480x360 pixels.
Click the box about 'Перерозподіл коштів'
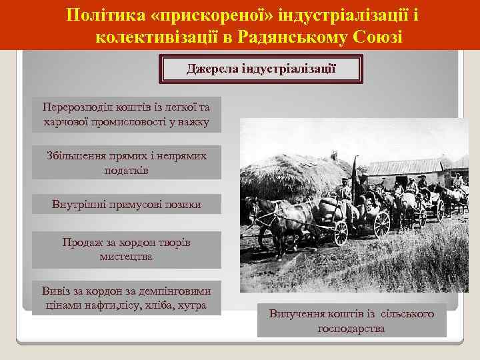point(126,114)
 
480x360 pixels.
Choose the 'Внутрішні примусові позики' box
point(126,203)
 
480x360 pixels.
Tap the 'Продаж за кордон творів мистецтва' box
point(126,249)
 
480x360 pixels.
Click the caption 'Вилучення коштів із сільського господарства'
point(351,321)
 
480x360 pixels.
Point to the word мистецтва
point(126,256)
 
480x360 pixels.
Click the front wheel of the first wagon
point(341,233)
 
